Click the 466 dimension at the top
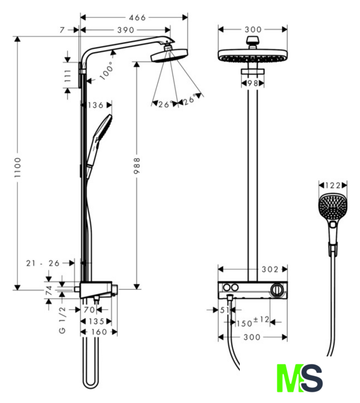coord(137,18)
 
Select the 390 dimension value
coord(126,30)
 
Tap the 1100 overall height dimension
coord(18,167)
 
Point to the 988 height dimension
coord(137,166)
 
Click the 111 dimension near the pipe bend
coord(67,76)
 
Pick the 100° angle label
coord(106,70)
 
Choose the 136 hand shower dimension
coord(96,105)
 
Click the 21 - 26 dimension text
coord(43,263)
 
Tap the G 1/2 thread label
coord(62,320)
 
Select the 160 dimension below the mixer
coord(99,332)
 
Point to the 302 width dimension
coord(270,270)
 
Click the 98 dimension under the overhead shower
coord(253,83)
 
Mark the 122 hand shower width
coord(333,185)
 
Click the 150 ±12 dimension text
coord(252,322)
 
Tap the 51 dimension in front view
coord(225,310)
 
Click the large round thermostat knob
coord(277,290)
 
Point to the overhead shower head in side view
coord(169,55)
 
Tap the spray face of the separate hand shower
coord(333,207)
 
